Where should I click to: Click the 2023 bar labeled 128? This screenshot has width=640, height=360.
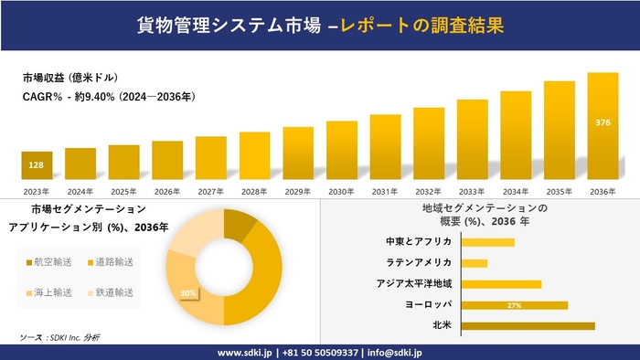37,165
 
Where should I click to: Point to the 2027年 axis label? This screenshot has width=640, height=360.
211,191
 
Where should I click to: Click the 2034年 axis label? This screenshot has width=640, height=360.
516,191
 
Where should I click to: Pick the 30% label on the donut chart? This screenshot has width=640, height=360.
188,293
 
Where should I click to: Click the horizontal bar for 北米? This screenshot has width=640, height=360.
528,325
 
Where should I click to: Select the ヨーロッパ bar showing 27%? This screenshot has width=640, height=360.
515,305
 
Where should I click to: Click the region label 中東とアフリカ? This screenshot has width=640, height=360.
419,242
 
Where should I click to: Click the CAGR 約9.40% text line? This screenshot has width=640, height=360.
108,96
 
